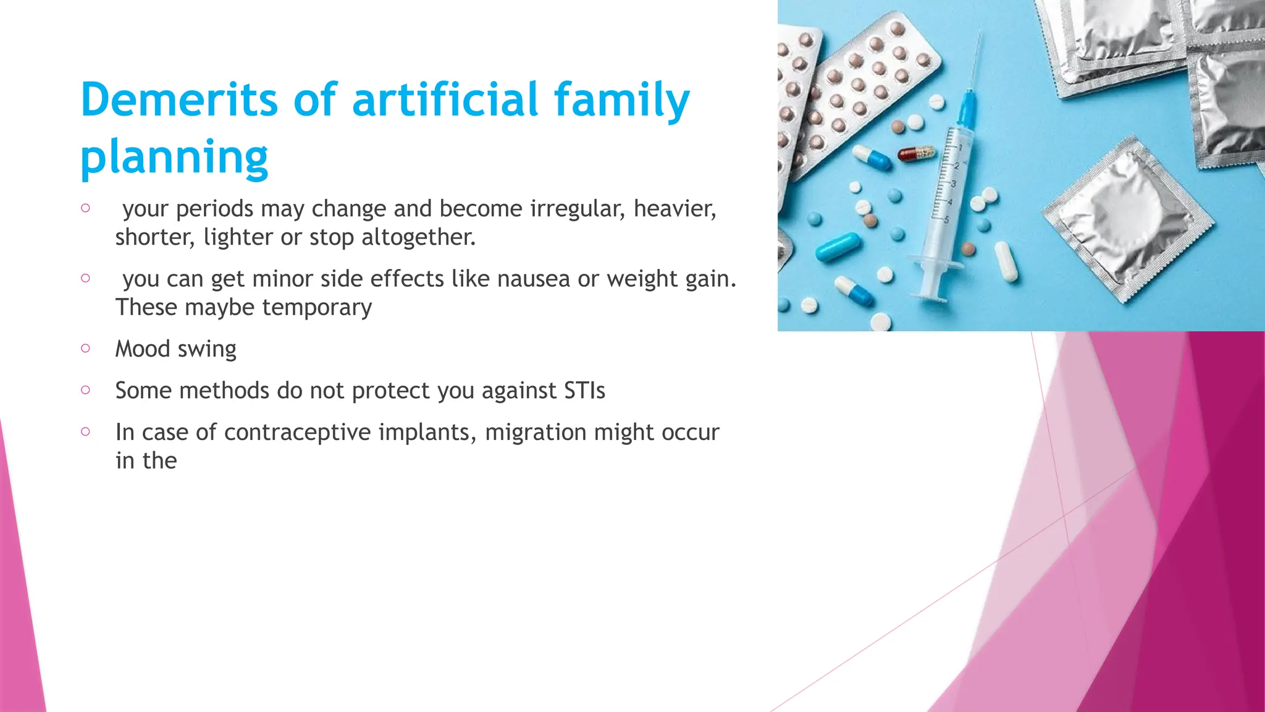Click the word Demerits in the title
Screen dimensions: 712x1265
pos(180,100)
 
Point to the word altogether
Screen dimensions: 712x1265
pos(418,237)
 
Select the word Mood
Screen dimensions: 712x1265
pos(142,349)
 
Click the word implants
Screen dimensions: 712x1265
pos(427,432)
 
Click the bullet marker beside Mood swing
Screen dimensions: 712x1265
pos(85,348)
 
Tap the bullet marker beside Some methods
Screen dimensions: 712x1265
pos(85,389)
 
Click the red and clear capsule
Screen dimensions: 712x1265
pos(917,153)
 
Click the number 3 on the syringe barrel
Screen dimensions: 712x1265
pos(953,184)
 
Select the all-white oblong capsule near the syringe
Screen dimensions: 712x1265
pos(1006,261)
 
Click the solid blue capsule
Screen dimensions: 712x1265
pos(838,247)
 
